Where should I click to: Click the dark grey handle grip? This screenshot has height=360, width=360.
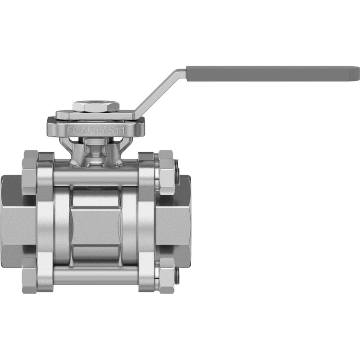click(x=273, y=73)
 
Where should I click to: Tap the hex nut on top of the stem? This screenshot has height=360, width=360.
click(x=96, y=107)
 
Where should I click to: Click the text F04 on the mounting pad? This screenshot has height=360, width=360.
click(x=76, y=130)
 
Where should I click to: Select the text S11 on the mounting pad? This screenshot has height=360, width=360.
click(x=116, y=130)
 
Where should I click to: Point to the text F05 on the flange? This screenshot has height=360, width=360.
click(x=96, y=130)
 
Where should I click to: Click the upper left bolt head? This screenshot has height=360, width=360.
click(x=30, y=172)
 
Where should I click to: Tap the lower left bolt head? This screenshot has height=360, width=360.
click(x=30, y=275)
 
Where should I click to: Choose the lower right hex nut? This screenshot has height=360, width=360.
click(x=166, y=275)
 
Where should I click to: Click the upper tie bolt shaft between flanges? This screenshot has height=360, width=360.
click(x=96, y=176)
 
